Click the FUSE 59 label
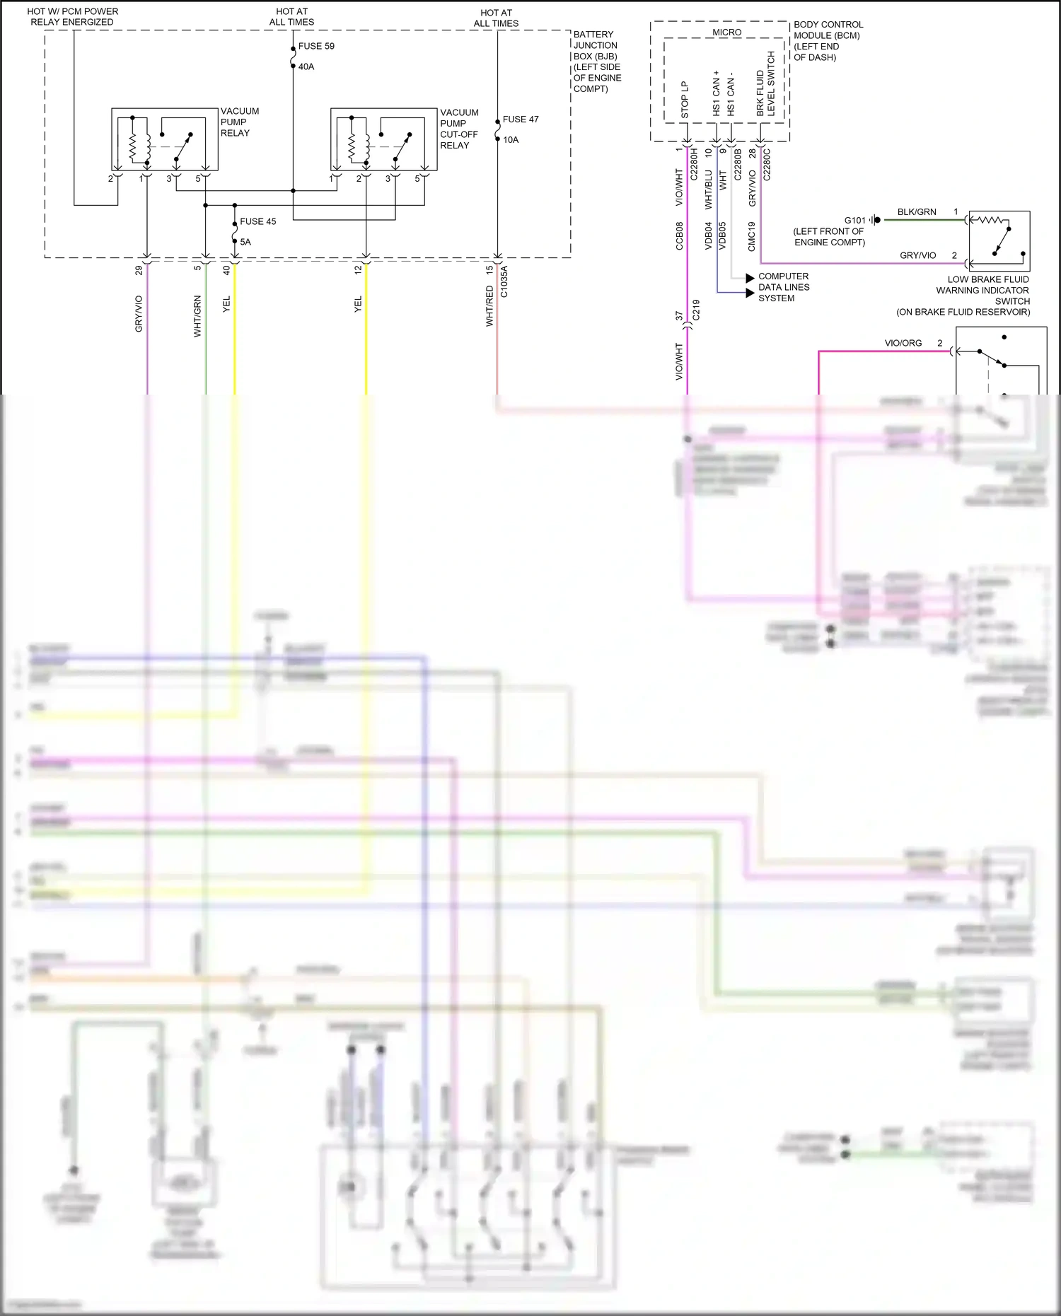pyautogui.click(x=316, y=46)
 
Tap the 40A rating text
pyautogui.click(x=306, y=66)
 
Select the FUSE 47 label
pyautogui.click(x=521, y=120)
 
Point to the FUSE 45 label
pyautogui.click(x=257, y=221)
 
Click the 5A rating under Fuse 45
pyautogui.click(x=245, y=242)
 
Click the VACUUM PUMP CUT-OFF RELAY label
pyautogui.click(x=459, y=129)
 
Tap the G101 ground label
pyautogui.click(x=854, y=220)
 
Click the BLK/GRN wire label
pyautogui.click(x=917, y=212)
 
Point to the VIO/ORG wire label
pyautogui.click(x=903, y=343)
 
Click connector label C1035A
pyautogui.click(x=504, y=281)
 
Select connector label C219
pyautogui.click(x=696, y=310)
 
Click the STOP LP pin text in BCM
pyautogui.click(x=685, y=100)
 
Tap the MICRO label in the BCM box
pyautogui.click(x=726, y=33)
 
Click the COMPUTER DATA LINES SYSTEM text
pyautogui.click(x=783, y=287)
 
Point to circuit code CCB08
pyautogui.click(x=680, y=236)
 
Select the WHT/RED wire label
pyautogui.click(x=489, y=305)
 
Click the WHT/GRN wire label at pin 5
pyautogui.click(x=197, y=315)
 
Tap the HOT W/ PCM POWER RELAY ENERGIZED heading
pyautogui.click(x=72, y=17)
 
